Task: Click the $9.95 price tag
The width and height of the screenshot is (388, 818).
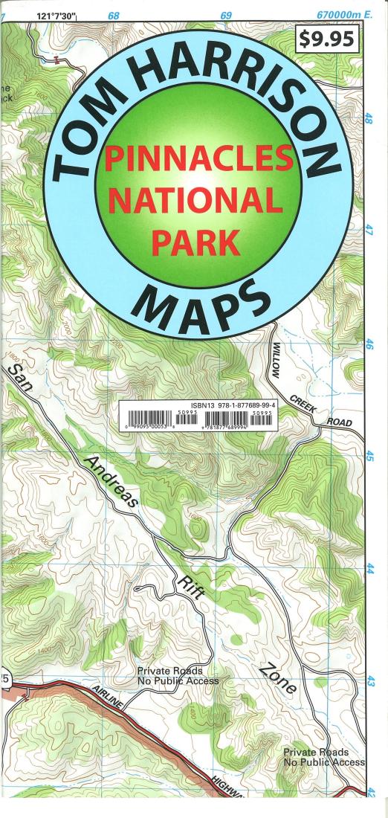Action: coord(327,39)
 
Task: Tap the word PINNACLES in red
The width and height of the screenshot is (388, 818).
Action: coord(198,158)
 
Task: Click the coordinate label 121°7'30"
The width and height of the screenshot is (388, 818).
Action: coord(62,15)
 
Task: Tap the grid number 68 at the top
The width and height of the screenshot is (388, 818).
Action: coord(114,15)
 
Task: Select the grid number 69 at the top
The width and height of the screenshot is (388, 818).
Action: coord(226,15)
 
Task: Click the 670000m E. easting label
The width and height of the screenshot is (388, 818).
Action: coord(342,15)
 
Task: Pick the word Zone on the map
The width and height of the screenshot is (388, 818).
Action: coord(279,677)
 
